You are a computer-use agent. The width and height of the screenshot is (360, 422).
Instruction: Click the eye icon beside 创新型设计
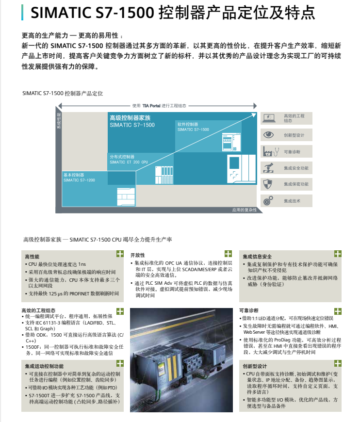(x=269, y=135)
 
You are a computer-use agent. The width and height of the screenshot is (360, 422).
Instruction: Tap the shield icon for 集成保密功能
(x=268, y=184)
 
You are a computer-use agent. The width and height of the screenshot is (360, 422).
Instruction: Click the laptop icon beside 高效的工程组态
(x=269, y=118)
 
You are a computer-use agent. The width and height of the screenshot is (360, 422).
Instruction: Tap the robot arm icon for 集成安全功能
(x=268, y=168)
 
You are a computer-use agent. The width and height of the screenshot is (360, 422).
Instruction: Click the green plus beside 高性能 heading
(x=119, y=254)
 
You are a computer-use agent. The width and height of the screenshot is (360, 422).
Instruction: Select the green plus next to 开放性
(x=228, y=254)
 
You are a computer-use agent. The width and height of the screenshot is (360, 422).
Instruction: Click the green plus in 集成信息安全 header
(x=338, y=254)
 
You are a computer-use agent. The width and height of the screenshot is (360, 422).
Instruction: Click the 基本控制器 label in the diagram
(x=74, y=175)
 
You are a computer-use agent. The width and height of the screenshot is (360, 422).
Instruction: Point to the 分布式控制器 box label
(x=122, y=157)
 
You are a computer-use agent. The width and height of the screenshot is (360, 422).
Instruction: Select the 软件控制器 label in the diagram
(x=188, y=124)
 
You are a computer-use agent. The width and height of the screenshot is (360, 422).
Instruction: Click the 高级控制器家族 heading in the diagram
(x=130, y=118)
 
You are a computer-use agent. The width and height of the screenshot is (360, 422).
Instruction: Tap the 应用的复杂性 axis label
(x=244, y=210)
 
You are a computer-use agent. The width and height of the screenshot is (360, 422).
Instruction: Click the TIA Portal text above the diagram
(x=151, y=105)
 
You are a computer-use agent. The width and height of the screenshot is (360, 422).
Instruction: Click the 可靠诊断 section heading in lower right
(x=249, y=310)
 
